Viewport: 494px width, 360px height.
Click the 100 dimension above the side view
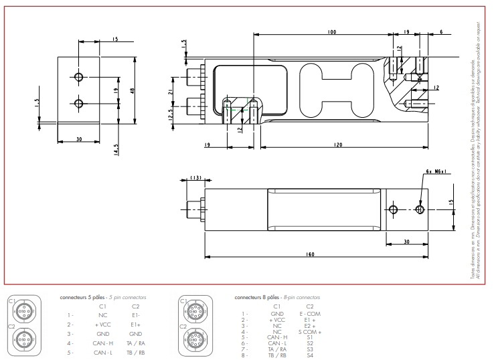point(332,32)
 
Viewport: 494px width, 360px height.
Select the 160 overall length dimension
point(310,254)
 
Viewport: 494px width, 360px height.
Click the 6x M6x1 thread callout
point(436,171)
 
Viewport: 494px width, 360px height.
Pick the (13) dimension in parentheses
point(196,177)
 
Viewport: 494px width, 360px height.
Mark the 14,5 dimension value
point(116,147)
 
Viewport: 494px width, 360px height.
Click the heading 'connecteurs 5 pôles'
point(83,296)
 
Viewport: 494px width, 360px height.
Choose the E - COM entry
point(310,313)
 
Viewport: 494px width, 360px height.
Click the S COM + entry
point(310,332)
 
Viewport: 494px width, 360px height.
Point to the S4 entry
point(310,355)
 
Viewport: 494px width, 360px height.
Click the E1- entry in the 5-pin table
point(136,314)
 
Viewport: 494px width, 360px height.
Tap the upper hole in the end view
point(80,78)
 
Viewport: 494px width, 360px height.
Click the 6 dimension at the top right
point(442,32)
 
